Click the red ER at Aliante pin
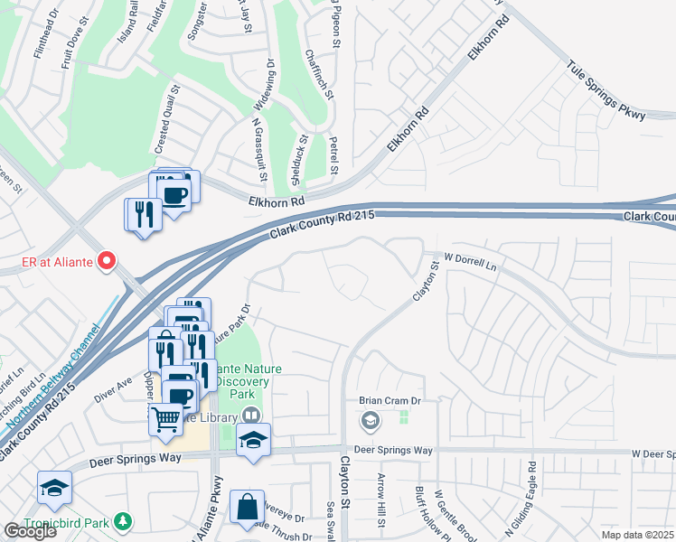(107, 262)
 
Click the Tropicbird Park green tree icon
(125, 521)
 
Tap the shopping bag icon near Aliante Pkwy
(247, 509)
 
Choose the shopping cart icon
(165, 418)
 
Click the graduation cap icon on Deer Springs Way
(253, 441)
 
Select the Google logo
(30, 530)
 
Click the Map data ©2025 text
(638, 535)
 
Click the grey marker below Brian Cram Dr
(371, 420)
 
